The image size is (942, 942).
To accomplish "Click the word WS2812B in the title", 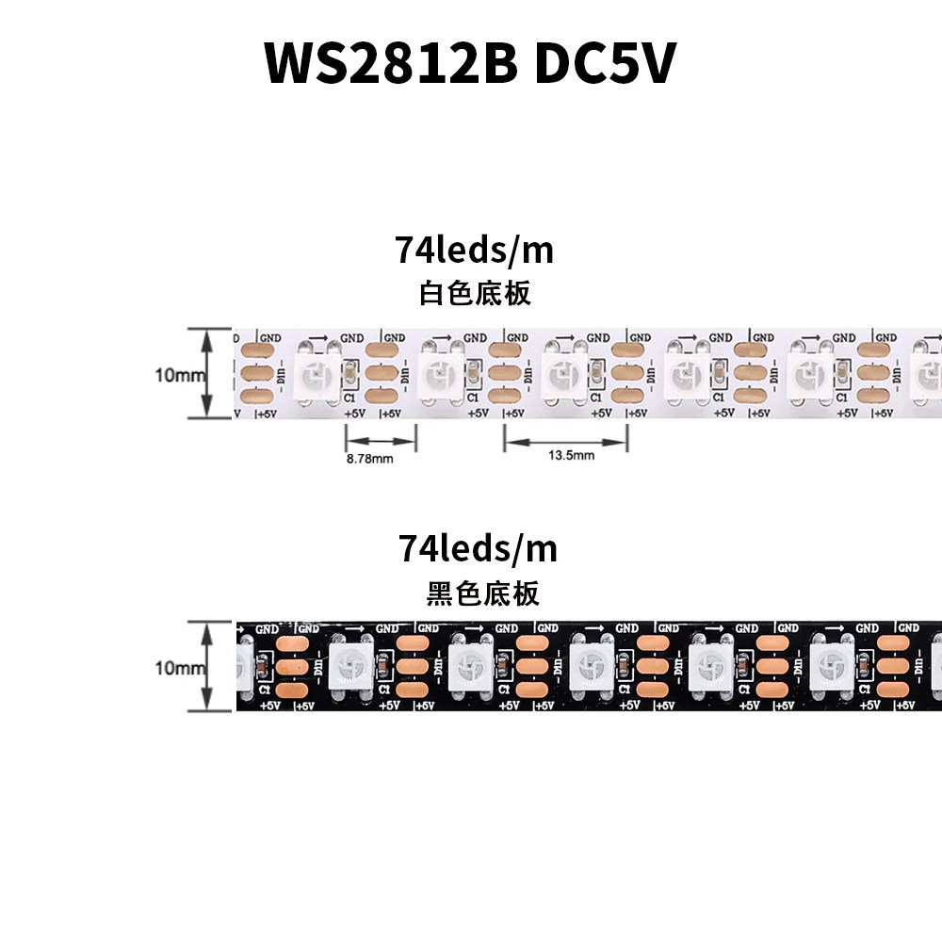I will coord(389,63).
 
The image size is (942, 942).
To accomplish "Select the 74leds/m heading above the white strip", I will coord(474,252).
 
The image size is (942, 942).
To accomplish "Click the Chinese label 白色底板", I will coord(475,293).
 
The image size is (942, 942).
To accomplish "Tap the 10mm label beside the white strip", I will coord(180,374).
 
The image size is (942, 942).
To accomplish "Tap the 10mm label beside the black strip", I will coord(180,668).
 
